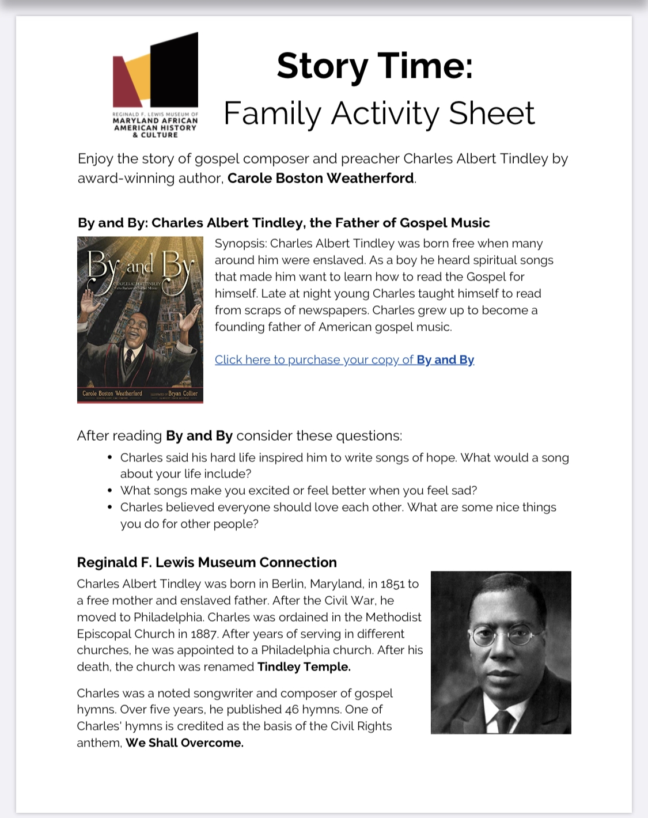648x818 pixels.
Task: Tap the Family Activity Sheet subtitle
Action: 379,113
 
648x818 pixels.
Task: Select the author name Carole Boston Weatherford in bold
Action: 320,179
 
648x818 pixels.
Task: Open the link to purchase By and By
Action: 344,360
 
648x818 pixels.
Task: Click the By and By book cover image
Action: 140,320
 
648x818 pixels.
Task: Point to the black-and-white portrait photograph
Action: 501,652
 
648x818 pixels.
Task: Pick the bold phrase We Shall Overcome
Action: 184,743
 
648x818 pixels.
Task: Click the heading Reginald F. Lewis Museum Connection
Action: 207,563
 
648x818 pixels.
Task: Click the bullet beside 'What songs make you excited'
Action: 109,491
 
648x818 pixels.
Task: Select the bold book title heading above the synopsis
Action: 283,223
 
